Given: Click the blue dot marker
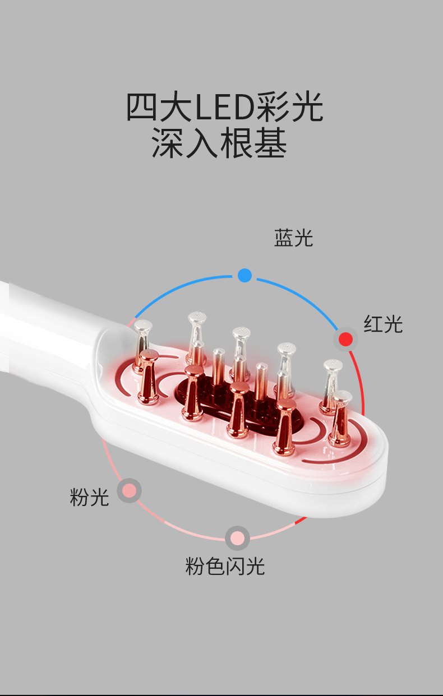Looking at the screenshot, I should coord(244,275).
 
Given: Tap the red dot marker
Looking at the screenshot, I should coord(346,339).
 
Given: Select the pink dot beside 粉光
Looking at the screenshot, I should coord(129,491).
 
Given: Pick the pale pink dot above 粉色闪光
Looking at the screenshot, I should coord(237,538).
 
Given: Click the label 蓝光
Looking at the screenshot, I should coord(293,238).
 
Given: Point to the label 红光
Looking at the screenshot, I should coord(383,324).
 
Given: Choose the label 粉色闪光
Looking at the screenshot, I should coord(225,567).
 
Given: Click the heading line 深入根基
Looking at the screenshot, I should coord(219,143).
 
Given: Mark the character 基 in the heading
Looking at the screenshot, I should coord(271,143).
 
